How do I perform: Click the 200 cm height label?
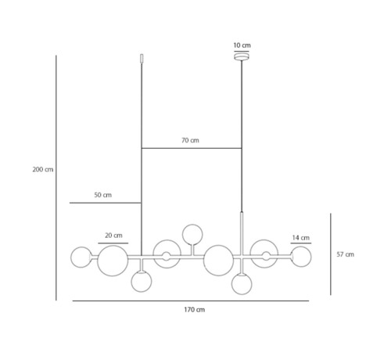(x=43, y=170)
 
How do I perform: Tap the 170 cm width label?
(x=195, y=310)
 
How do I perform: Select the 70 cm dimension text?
(x=190, y=140)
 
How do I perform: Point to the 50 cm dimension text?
(x=103, y=195)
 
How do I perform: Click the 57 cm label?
(x=346, y=254)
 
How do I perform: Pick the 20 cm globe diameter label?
(x=113, y=236)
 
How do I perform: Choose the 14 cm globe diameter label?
(x=301, y=238)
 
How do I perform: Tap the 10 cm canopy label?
(x=242, y=45)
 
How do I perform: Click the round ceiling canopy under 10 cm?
(x=242, y=56)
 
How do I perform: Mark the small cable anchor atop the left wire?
(x=142, y=59)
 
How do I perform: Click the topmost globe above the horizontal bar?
(x=192, y=235)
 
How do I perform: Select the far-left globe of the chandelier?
(x=81, y=257)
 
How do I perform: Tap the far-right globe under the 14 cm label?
(x=301, y=257)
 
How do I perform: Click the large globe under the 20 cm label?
(x=113, y=261)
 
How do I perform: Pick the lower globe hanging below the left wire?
(x=142, y=282)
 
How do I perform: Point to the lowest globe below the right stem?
(x=242, y=284)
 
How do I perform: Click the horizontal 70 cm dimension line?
(x=192, y=148)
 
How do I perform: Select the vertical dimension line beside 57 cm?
(x=331, y=254)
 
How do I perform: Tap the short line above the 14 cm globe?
(x=301, y=243)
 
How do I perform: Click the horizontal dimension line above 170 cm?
(x=191, y=301)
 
